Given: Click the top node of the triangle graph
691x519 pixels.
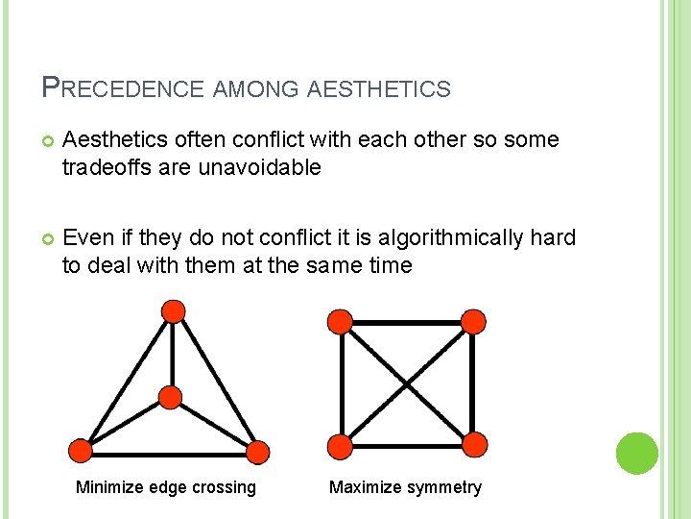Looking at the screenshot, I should coord(173,310).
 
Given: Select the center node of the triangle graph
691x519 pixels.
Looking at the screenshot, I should coord(170,398).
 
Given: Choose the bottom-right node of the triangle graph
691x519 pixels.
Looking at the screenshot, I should coord(257,452).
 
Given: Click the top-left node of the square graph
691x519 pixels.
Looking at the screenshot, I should coord(340,321).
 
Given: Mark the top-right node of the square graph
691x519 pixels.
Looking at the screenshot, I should coord(473,321).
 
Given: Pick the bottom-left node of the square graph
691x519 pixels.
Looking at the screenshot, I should coord(340,445).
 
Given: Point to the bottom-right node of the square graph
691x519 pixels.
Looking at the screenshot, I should coord(474,444).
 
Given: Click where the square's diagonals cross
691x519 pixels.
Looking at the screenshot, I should coord(407,383).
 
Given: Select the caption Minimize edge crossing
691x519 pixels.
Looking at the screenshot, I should coord(166,487).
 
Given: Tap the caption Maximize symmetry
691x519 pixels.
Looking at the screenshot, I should coord(405,487).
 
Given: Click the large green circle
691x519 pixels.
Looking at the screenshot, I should coord(636,453).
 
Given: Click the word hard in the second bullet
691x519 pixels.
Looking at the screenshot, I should coord(554,236).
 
